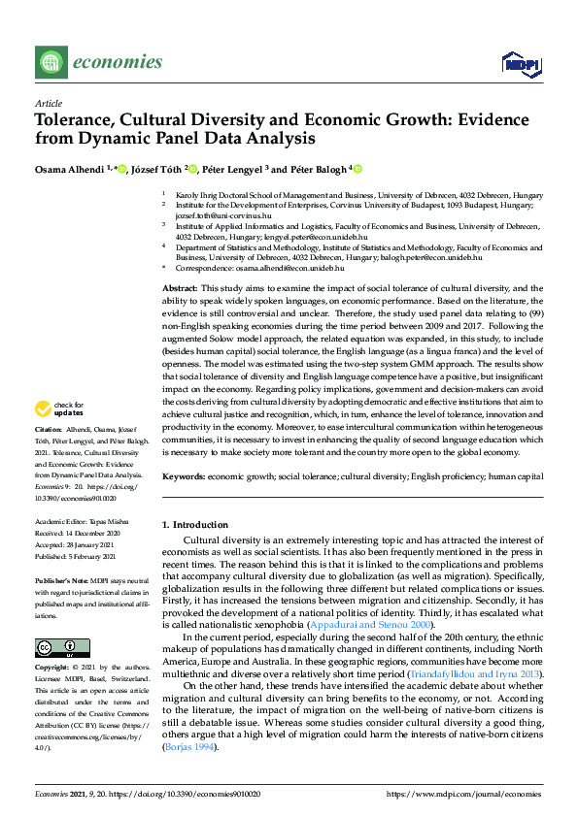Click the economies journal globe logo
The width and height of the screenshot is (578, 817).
click(48, 63)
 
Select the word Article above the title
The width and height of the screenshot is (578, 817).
click(48, 102)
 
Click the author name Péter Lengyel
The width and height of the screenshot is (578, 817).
click(230, 168)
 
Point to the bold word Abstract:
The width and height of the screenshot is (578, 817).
click(179, 289)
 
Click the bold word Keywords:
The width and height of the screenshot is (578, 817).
click(183, 476)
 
